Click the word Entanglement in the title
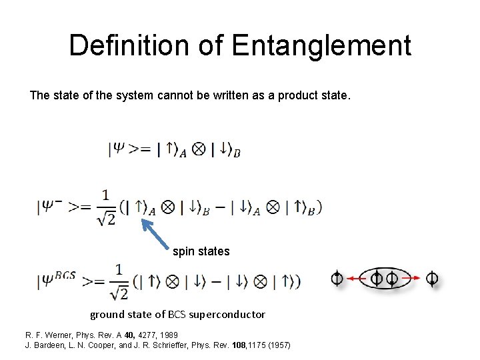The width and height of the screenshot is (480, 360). (x=321, y=46)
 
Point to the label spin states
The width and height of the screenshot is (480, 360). (x=201, y=251)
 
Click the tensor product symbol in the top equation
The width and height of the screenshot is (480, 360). (x=198, y=150)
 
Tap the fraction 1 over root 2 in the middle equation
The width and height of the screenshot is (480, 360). (x=106, y=207)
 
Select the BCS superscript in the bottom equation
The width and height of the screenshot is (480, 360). (x=65, y=273)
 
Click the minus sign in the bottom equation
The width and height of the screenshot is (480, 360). (x=216, y=281)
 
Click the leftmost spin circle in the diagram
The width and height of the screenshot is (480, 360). (x=337, y=278)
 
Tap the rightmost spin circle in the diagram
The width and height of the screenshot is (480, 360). (x=432, y=278)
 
